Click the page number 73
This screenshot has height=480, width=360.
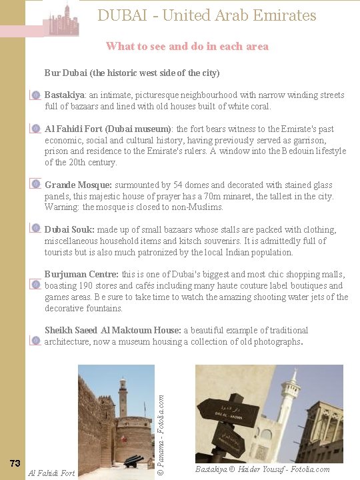15,463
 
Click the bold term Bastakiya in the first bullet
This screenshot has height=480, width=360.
65,95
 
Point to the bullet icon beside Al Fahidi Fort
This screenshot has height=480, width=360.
36,129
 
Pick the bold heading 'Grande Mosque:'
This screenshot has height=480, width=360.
78,185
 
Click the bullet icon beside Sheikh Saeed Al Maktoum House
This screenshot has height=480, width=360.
36,341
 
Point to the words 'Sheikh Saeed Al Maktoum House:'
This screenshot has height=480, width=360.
113,330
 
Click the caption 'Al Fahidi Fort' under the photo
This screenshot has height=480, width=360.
51,473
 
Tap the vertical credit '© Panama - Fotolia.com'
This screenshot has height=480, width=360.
161,423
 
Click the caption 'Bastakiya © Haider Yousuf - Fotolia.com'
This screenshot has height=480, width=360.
262,469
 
